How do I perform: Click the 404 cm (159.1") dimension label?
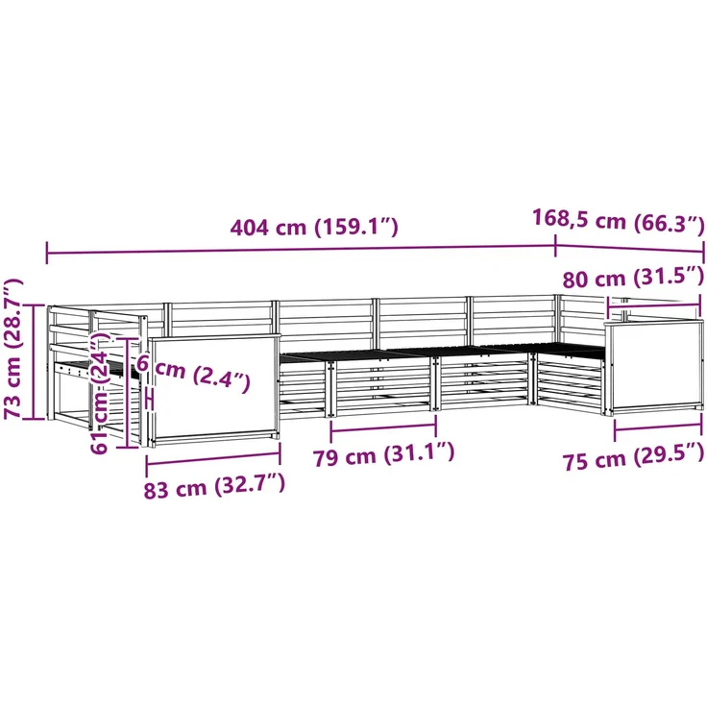(314, 227)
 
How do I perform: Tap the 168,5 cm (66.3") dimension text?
(619, 221)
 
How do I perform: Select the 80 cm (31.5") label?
(633, 278)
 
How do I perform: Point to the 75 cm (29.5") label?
(633, 460)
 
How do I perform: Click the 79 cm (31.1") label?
(383, 455)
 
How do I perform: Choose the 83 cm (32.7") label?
(214, 486)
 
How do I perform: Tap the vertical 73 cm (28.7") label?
(13, 349)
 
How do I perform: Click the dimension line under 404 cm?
(302, 250)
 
